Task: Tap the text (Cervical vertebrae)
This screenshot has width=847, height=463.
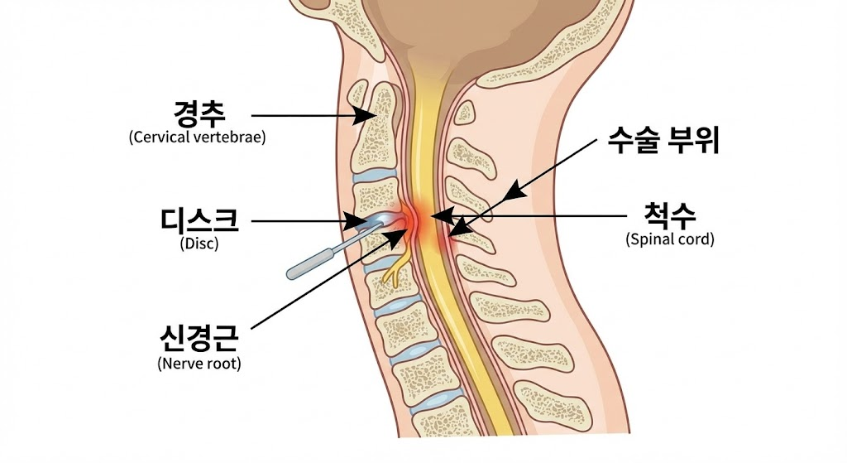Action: [x=198, y=137]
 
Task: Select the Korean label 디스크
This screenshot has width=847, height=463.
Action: [x=200, y=220]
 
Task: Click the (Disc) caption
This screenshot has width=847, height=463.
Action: [x=199, y=244]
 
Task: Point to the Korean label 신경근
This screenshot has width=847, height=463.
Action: [x=199, y=338]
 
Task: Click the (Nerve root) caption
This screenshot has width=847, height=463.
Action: [x=199, y=363]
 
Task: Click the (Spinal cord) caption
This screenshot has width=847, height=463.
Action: [x=670, y=240]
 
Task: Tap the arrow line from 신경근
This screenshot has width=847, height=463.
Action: [x=323, y=282]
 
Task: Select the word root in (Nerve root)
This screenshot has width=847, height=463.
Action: [x=221, y=363]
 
